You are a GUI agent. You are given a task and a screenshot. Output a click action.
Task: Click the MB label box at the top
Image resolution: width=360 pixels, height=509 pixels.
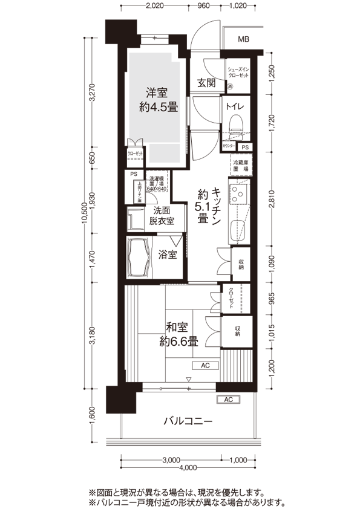(x=243, y=40)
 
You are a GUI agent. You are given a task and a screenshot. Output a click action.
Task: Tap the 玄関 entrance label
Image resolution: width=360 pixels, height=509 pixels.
(x=207, y=83)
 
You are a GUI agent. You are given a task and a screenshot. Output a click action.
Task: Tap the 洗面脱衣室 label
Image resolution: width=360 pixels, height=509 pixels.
(x=163, y=216)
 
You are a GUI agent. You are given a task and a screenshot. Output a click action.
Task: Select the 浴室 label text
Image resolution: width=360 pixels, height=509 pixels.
(x=168, y=254)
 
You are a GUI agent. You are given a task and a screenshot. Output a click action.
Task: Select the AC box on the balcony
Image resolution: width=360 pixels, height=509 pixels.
(x=229, y=400)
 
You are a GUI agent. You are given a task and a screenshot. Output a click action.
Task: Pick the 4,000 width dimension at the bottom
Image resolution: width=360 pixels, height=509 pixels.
(x=188, y=467)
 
